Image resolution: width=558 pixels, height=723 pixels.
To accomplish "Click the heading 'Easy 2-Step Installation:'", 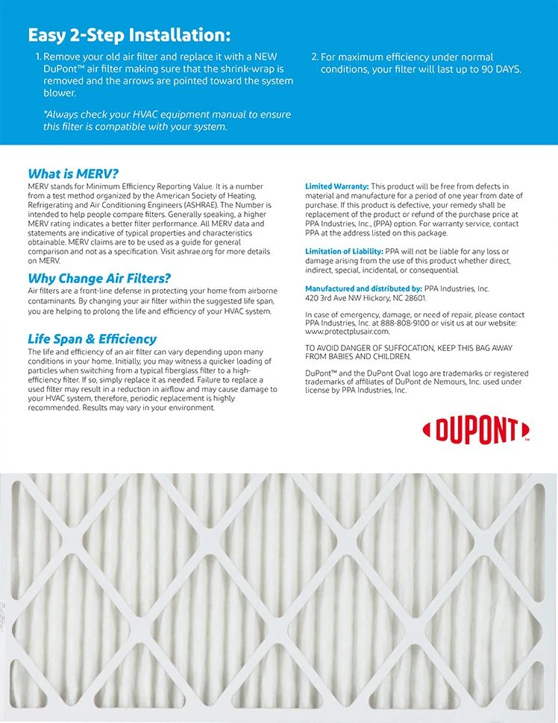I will click(129, 35).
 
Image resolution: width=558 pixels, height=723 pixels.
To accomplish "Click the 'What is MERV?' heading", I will click(73, 174).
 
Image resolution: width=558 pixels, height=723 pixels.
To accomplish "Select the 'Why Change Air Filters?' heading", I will click(99, 279).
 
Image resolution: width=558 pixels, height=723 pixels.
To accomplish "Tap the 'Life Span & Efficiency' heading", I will click(92, 339).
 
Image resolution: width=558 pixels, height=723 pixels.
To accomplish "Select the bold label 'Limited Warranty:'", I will click(336, 186).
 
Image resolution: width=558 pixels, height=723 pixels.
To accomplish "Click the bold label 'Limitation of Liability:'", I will click(344, 252).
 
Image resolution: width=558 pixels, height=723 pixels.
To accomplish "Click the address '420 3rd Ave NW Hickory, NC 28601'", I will click(366, 297).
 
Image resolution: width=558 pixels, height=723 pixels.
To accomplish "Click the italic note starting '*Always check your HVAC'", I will click(166, 121).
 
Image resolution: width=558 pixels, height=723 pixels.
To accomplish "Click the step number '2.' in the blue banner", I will click(314, 57).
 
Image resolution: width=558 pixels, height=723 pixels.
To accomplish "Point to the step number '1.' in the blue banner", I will click(38, 57).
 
